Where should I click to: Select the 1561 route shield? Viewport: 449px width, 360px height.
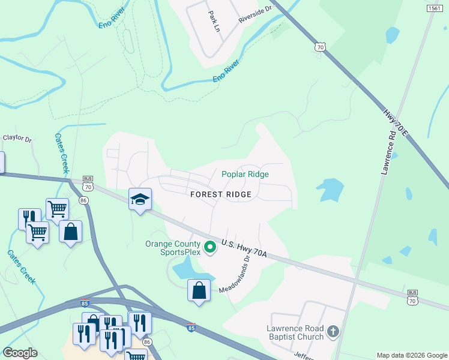pos(435,8)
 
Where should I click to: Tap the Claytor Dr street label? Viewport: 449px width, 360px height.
pos(17,138)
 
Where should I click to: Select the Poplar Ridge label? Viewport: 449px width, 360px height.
pos(245,174)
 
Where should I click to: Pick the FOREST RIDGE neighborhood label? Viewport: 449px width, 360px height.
pos(220,194)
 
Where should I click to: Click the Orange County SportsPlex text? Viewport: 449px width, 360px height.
pos(172,248)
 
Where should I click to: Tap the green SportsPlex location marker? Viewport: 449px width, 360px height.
pos(210,247)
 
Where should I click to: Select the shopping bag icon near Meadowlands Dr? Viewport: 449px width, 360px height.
pos(199,291)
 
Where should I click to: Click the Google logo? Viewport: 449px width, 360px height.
pos(20,353)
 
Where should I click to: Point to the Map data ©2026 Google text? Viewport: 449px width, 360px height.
pos(411,355)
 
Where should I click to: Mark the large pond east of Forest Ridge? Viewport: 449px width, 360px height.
pos(329,189)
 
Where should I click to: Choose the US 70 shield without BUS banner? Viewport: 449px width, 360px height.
pos(321,46)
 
